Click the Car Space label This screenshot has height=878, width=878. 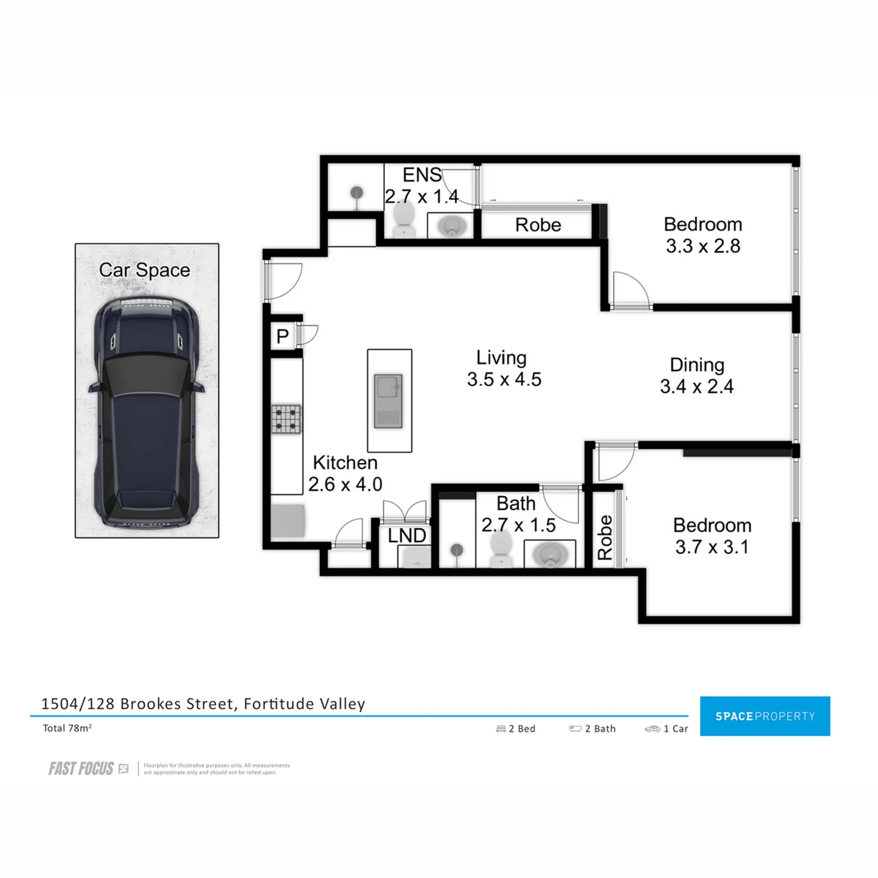point(145,270)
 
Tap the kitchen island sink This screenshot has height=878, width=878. point(388,401)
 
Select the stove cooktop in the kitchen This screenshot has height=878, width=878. point(286,419)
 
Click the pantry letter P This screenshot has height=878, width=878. point(283,337)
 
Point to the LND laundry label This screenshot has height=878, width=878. point(407,535)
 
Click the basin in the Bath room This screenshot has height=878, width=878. point(550,554)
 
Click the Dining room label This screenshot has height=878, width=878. point(697,365)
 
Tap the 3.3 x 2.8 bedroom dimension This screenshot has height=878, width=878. point(703,246)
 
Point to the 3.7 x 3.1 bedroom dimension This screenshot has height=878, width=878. point(712,547)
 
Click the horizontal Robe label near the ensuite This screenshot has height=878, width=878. point(538,225)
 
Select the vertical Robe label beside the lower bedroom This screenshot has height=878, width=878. point(605,538)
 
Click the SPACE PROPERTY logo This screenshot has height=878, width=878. point(765,716)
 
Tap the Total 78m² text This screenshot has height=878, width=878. point(67,728)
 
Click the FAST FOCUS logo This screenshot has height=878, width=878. point(81,769)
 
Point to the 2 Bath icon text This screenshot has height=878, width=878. point(592,729)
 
